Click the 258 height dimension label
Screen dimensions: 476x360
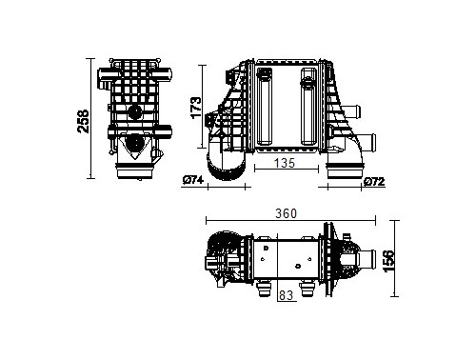[x=84, y=121]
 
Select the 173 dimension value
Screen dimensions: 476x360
[x=196, y=108]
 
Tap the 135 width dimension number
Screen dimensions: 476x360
[x=285, y=163]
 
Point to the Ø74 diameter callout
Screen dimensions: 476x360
[x=193, y=180]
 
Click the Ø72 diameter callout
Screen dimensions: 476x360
[x=374, y=182]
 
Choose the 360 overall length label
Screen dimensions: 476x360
[x=286, y=213]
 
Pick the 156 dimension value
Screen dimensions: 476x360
[x=388, y=261]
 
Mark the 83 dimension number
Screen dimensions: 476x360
[x=286, y=295]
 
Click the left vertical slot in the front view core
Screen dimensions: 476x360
[x=264, y=106]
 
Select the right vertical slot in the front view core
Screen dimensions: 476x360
[x=308, y=106]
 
